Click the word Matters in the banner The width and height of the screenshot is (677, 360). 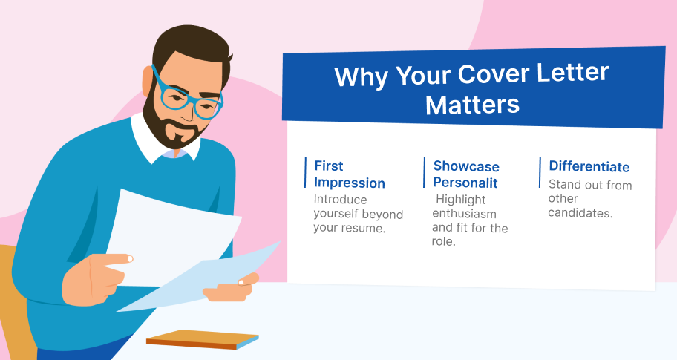472,105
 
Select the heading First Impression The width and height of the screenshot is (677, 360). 350,174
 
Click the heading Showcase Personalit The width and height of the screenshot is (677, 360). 466,174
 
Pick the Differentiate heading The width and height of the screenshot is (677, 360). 589,166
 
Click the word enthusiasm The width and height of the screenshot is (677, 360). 464,214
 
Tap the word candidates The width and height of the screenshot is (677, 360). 580,213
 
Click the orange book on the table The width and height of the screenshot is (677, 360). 203,339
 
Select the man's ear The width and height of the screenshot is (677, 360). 148,81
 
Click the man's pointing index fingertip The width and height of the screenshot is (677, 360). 128,259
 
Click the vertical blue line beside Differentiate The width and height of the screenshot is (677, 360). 540,173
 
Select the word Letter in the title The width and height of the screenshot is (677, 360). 572,73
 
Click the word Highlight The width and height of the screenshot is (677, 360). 461,200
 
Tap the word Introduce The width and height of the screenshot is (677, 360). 340,200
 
